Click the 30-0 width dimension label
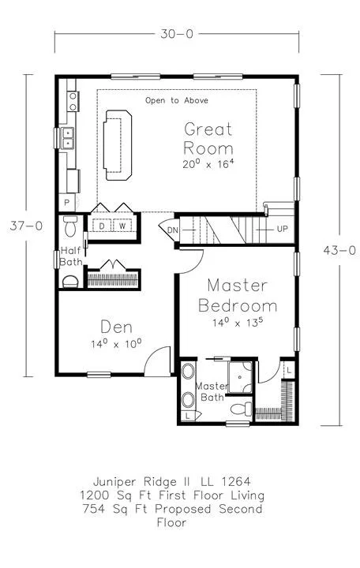tap(177, 34)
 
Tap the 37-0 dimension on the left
tap(26, 226)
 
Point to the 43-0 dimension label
tap(339, 250)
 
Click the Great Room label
tap(208, 139)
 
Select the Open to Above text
tap(177, 100)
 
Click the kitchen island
tap(118, 145)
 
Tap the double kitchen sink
tap(68, 138)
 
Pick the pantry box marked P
tap(67, 202)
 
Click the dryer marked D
tap(102, 226)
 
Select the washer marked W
tap(122, 226)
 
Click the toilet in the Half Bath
tap(69, 226)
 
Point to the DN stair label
tap(173, 230)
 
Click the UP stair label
tap(283, 229)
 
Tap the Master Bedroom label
tap(238, 296)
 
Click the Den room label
tap(116, 327)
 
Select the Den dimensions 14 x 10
tap(116, 343)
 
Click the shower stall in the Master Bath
tap(240, 377)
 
